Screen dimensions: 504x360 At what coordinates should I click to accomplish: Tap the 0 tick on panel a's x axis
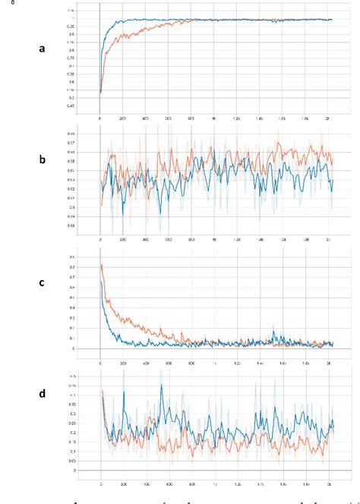(x=100, y=118)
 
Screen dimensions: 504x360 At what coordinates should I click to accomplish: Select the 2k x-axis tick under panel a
(x=328, y=118)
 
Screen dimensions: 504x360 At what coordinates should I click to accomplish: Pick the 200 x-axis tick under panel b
(x=123, y=239)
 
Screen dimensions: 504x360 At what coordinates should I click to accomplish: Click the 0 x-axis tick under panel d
(x=101, y=483)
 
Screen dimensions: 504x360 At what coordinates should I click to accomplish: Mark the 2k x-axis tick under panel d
(x=329, y=483)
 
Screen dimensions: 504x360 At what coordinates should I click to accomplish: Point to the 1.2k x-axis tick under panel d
(x=238, y=483)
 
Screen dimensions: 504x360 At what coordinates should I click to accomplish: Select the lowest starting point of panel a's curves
(x=101, y=93)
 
